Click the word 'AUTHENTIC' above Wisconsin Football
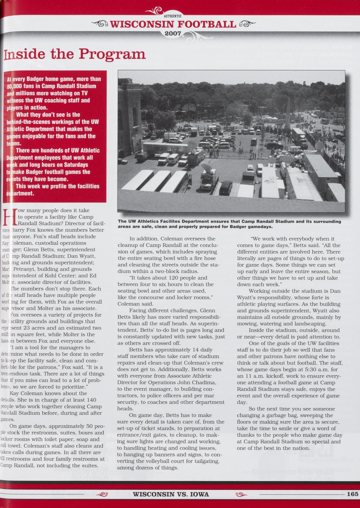pyautogui.click(x=172, y=16)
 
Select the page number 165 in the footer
pyautogui.click(x=352, y=494)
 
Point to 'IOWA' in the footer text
pyautogui.click(x=200, y=494)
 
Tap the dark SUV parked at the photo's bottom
pyautogui.click(x=226, y=188)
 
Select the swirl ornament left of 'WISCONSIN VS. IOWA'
pyautogui.click(x=102, y=494)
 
